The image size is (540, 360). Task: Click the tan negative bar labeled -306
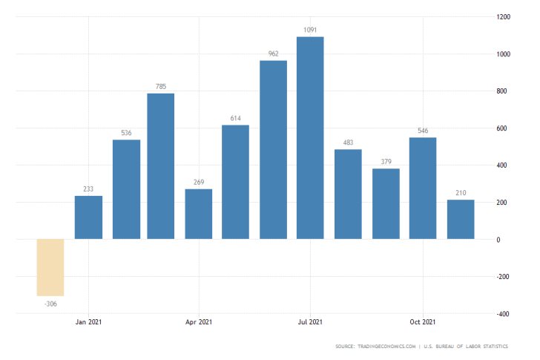pyautogui.click(x=51, y=267)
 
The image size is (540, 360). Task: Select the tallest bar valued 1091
pyautogui.click(x=310, y=137)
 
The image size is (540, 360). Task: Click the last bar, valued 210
pyautogui.click(x=460, y=219)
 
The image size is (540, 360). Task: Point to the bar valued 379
pyautogui.click(x=386, y=203)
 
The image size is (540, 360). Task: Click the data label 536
pyautogui.click(x=126, y=134)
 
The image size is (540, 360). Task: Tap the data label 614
pyautogui.click(x=235, y=119)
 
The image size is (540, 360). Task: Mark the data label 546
pyautogui.click(x=423, y=131)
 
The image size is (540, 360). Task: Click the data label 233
pyautogui.click(x=88, y=189)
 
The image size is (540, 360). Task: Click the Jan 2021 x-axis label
pyautogui.click(x=88, y=322)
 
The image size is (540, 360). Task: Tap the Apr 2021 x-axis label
pyautogui.click(x=199, y=322)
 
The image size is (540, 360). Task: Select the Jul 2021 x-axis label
pyautogui.click(x=310, y=322)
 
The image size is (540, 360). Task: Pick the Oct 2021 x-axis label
pyautogui.click(x=422, y=322)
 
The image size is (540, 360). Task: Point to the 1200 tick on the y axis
pyautogui.click(x=503, y=16)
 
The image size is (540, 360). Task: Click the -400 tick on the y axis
pyautogui.click(x=503, y=314)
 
